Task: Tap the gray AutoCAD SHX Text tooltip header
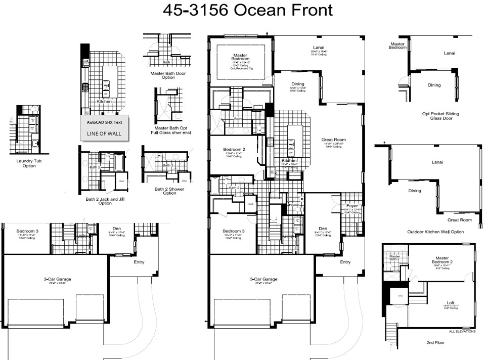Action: [x=104, y=122]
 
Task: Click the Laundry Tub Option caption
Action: [x=29, y=163]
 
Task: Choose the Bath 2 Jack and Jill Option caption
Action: [x=105, y=201]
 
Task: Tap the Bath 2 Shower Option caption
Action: [x=170, y=191]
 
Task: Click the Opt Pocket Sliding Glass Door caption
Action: [x=440, y=116]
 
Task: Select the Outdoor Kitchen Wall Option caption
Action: [x=435, y=232]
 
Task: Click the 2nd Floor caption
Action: [x=435, y=342]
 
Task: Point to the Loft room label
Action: [x=443, y=303]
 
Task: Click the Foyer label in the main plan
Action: [x=351, y=206]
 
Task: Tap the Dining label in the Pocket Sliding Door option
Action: [x=434, y=85]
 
